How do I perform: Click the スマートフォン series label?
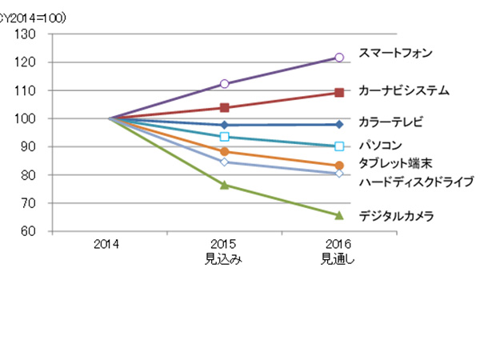coord(395,54)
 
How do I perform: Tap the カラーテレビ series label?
coord(390,122)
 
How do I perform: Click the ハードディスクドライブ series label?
coord(416,182)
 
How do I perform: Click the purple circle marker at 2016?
coord(339,58)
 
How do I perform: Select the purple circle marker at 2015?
coord(225,84)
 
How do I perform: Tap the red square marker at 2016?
coord(339,93)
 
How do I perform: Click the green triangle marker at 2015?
coord(225,185)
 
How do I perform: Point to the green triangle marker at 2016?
coord(339,215)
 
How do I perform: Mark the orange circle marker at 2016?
coord(339,166)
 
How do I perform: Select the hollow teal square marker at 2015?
coord(225,137)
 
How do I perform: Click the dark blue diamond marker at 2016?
coord(339,124)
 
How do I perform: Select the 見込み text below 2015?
coord(224,259)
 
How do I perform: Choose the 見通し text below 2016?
coord(338,259)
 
